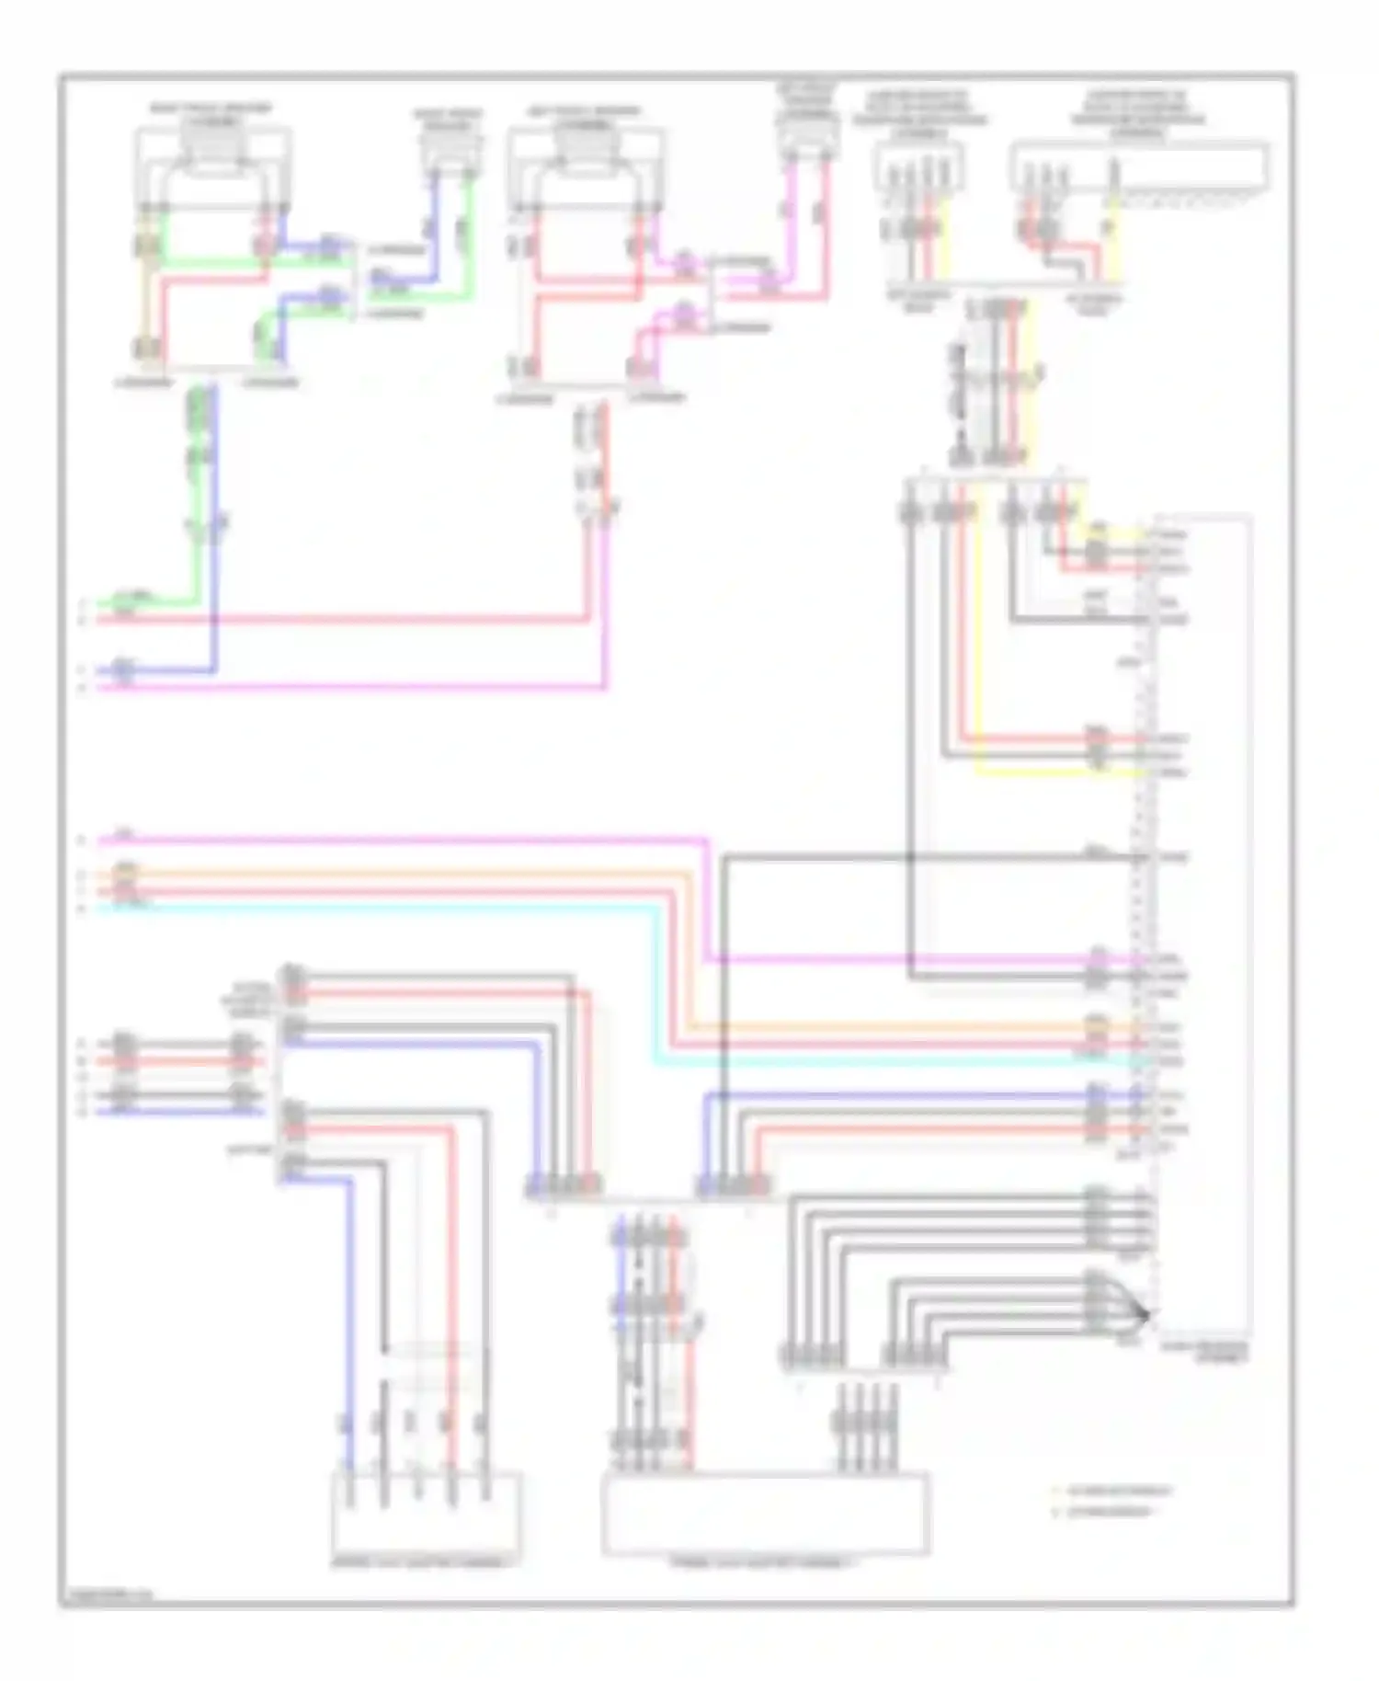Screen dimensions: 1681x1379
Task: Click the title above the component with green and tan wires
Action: click(211, 115)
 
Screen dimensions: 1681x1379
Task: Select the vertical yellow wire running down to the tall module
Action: click(978, 644)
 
